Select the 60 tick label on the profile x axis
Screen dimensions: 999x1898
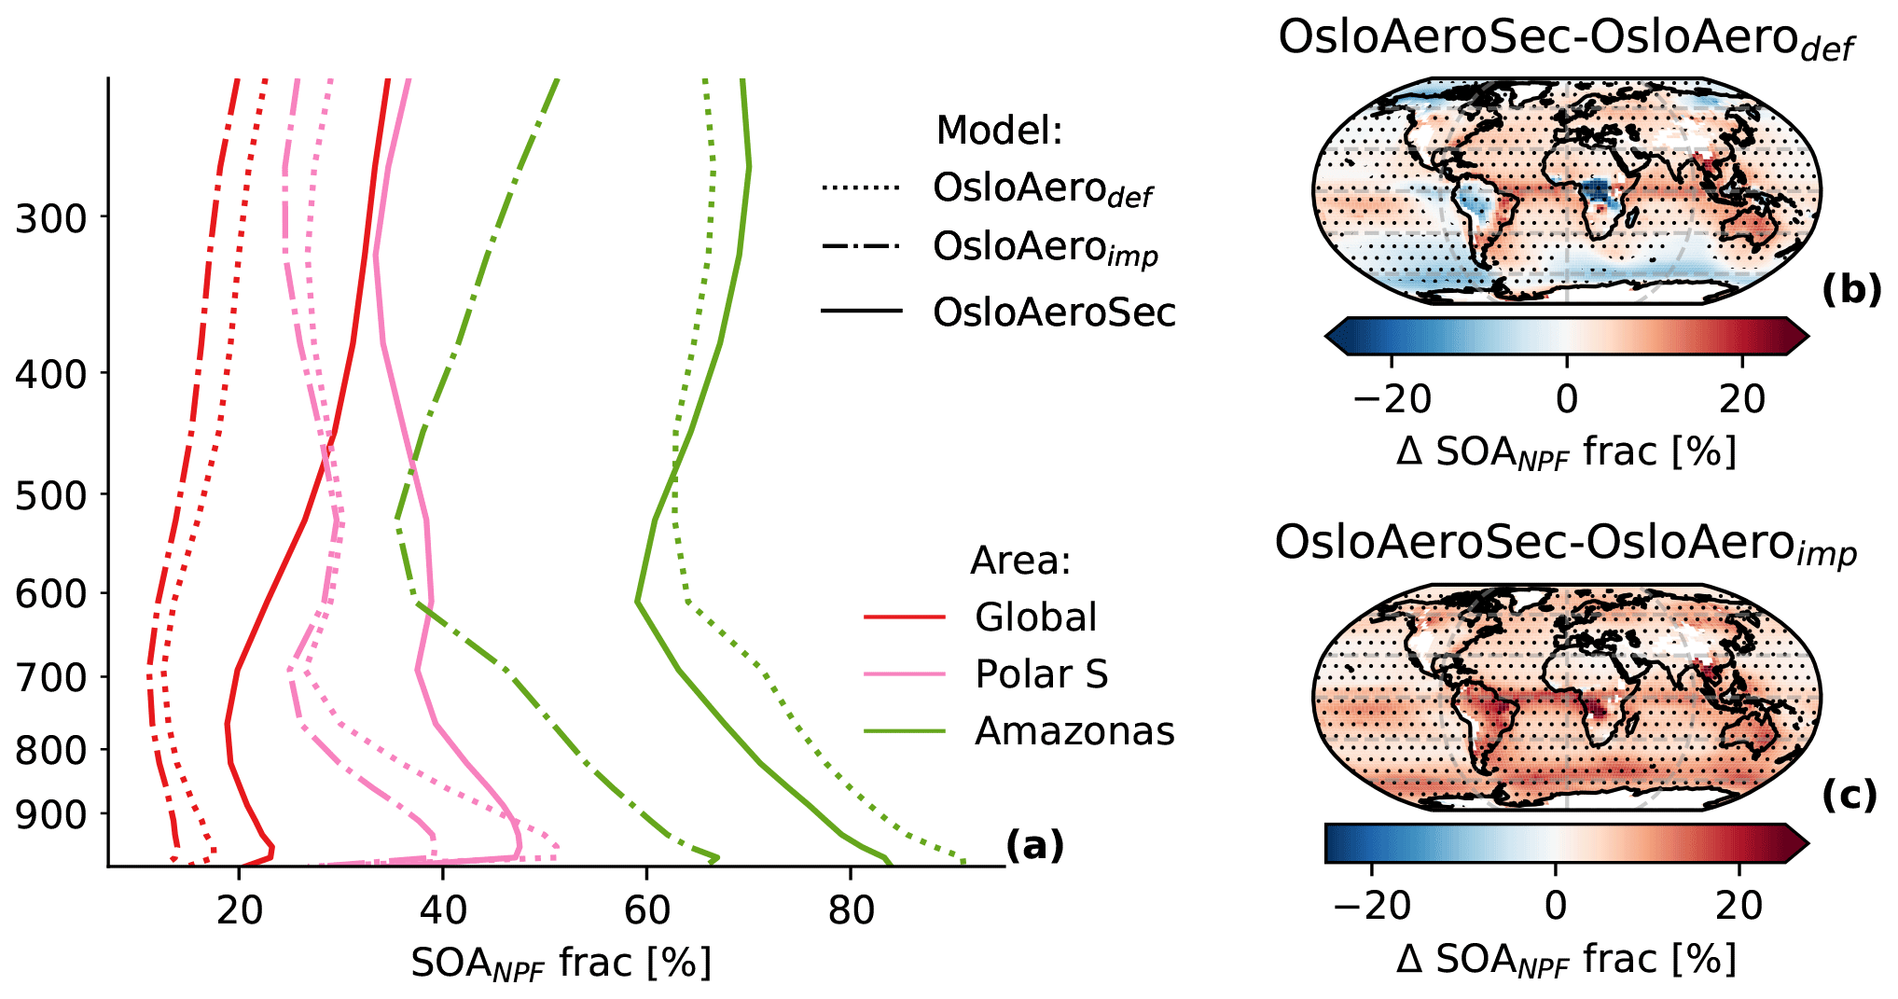click(646, 910)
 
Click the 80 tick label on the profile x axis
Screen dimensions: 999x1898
click(851, 910)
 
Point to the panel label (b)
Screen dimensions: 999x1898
click(1850, 291)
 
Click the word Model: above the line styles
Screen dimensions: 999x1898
click(999, 131)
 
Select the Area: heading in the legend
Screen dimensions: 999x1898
click(1020, 561)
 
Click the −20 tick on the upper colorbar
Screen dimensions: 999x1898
click(1392, 399)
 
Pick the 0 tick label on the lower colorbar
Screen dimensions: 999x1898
click(1556, 906)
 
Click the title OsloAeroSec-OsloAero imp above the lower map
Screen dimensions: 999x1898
click(1565, 544)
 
